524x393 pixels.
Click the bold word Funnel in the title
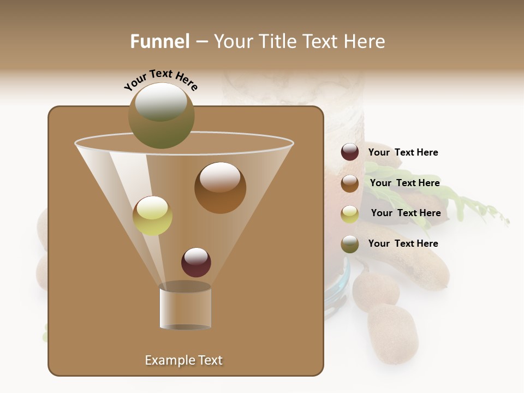159,41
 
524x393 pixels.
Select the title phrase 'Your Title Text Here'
299,41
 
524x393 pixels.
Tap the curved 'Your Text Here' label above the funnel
160,80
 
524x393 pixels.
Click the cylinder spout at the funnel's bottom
185,307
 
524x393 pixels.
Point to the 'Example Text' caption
183,360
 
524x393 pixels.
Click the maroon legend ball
350,152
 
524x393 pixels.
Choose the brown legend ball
350,183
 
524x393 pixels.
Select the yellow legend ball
350,214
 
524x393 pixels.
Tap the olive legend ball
350,244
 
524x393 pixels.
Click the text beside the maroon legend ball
403,152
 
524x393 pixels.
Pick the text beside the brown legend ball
404,183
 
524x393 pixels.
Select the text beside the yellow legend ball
406,213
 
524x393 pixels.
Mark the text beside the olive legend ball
403,243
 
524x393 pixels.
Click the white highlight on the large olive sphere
160,102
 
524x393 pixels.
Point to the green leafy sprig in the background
469,205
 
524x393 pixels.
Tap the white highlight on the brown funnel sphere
219,177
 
